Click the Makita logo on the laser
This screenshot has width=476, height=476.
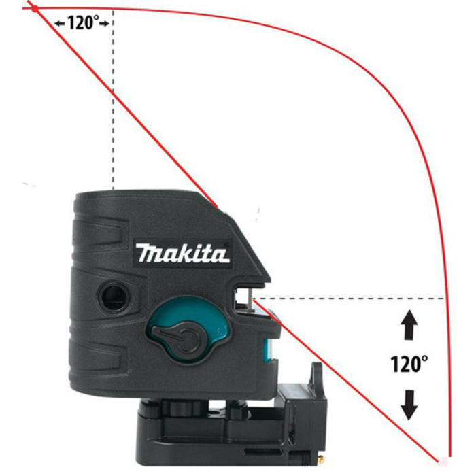[x=182, y=253]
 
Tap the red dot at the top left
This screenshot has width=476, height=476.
[x=35, y=9]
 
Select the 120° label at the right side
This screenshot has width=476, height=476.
[x=409, y=364]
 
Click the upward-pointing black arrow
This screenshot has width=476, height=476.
[x=409, y=325]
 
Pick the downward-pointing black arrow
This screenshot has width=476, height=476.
[x=409, y=405]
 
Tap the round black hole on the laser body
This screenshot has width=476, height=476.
[x=114, y=297]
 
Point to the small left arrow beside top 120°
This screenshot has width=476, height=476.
[x=60, y=24]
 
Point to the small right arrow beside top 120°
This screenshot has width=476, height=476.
[x=104, y=24]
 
